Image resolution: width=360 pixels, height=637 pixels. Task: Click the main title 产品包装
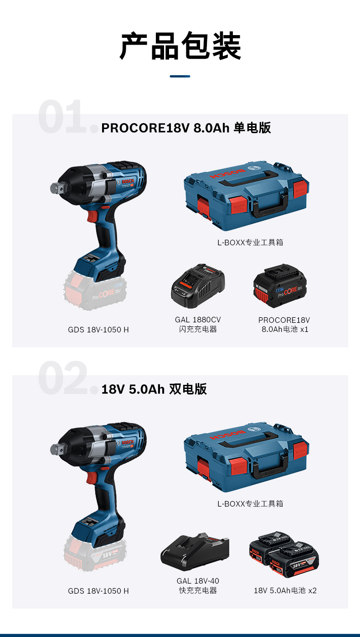point(180,46)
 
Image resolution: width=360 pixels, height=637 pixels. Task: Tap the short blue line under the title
point(180,76)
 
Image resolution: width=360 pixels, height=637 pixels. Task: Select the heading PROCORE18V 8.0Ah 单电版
point(186,128)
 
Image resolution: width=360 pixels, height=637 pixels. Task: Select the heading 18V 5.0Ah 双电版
point(154,389)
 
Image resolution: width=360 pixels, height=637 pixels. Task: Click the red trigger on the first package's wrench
point(92,217)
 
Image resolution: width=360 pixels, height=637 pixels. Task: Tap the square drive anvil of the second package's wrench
point(56,449)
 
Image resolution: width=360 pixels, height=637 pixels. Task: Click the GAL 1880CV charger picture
point(198,286)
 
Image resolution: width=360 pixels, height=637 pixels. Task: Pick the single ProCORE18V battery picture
point(280,286)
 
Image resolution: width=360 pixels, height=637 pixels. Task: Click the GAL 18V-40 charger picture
point(195,553)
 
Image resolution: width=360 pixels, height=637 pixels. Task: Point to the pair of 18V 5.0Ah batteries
point(284,554)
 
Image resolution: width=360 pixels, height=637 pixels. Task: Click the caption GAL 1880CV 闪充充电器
point(198,325)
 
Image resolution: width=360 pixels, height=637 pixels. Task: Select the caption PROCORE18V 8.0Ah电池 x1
point(284,325)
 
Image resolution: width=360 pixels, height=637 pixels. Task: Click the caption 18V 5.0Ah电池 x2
point(285,590)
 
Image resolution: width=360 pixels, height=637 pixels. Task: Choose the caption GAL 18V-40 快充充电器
point(198,586)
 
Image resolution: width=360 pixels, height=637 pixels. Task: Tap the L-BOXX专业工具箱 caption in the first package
point(250,243)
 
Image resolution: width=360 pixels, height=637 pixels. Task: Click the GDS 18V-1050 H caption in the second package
point(98,591)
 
